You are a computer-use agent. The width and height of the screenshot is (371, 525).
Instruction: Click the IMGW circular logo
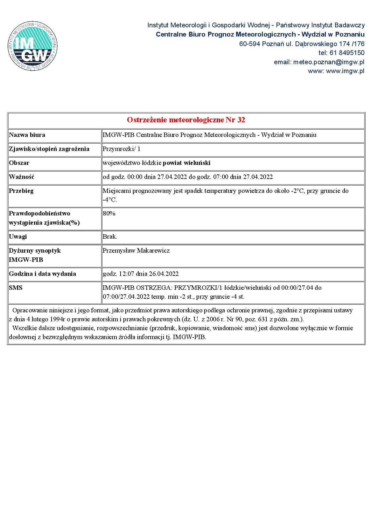pos(32,46)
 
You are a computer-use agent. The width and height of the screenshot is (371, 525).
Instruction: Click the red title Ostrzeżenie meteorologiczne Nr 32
pos(186,120)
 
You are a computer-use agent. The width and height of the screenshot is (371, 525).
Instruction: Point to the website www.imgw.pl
pos(345,71)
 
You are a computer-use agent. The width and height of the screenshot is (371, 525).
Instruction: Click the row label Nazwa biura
pos(27,135)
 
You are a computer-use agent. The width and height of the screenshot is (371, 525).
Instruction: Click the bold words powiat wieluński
pos(186,163)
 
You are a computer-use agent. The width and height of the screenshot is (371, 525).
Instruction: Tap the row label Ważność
pos(21,177)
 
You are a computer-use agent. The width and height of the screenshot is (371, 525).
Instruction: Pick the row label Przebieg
pos(21,191)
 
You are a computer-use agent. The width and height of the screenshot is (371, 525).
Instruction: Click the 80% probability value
pos(109,213)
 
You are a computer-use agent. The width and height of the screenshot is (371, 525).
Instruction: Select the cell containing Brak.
pos(110,236)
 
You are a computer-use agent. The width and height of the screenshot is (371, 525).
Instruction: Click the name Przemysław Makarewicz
pos(136,250)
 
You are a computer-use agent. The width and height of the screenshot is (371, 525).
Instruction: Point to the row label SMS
pos(16,288)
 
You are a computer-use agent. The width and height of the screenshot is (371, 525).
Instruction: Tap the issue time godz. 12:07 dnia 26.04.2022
pos(140,274)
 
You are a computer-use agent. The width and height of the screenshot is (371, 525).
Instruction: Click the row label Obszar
pos(19,163)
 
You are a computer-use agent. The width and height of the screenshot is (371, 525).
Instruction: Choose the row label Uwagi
pos(18,236)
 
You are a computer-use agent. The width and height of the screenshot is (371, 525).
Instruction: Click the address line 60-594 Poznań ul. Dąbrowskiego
pos(302,44)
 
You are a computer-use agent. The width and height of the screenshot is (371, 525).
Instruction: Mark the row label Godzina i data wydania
pos(42,274)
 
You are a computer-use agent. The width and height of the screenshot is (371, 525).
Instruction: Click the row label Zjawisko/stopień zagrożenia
pos(49,149)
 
